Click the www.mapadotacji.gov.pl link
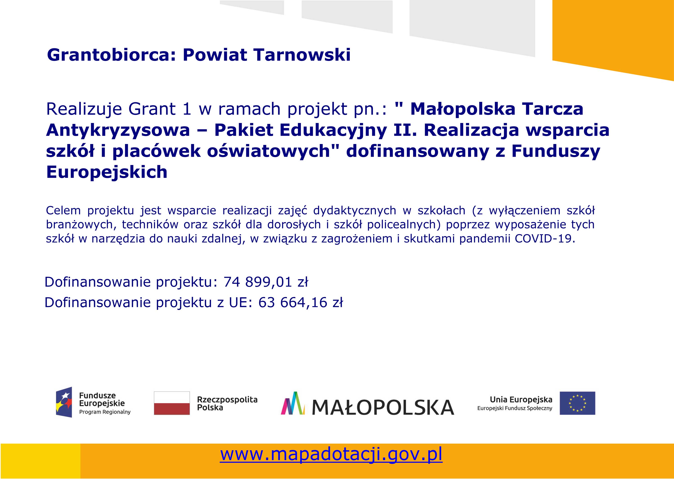[331, 454]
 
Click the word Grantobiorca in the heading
[111, 55]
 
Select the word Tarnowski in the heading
[303, 55]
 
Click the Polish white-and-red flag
[172, 403]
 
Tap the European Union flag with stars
[578, 403]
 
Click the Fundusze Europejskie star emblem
[64, 402]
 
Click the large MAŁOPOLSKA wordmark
[383, 407]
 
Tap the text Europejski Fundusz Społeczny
[515, 408]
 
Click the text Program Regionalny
[105, 412]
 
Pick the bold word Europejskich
[107, 172]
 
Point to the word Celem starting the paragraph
[63, 210]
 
